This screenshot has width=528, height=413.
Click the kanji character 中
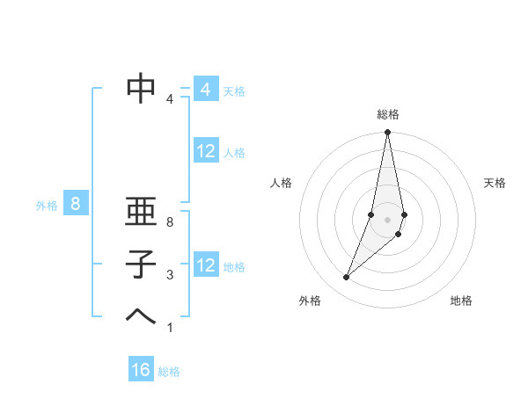coord(142,87)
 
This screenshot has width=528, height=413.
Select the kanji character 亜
coord(142,212)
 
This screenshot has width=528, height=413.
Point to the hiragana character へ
coord(142,315)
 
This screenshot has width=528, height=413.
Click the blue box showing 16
coord(141,370)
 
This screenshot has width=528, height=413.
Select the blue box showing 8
coord(76,205)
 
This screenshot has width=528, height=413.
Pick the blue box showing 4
coord(205,90)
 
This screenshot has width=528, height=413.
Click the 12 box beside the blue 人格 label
coord(205,152)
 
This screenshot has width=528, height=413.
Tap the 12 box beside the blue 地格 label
coord(205,266)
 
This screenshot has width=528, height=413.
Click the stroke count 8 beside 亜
coord(170,223)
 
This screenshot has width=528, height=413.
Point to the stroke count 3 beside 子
coord(170,275)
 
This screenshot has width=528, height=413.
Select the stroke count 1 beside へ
coord(170,328)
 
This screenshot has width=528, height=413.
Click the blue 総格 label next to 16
coord(169,372)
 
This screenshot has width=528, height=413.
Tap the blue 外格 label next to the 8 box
coord(47,206)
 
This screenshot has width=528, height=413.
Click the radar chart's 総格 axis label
coord(388,114)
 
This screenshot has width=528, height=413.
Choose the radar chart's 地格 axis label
coord(461,301)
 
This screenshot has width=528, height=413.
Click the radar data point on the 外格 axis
coord(346,278)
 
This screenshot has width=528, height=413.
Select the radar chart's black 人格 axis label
coord(282,183)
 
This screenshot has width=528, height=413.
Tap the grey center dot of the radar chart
coord(388,219)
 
